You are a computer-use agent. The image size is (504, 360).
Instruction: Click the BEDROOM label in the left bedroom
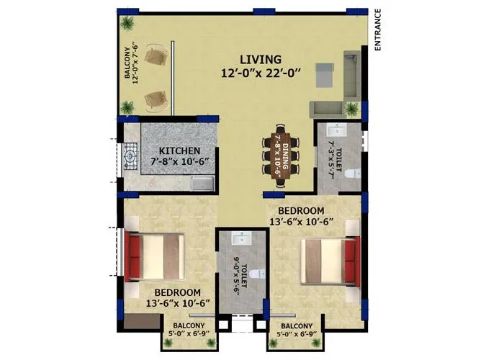(x=176, y=292)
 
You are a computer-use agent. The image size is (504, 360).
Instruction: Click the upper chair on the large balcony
(x=156, y=55)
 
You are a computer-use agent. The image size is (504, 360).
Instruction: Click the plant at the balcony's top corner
(x=127, y=23)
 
